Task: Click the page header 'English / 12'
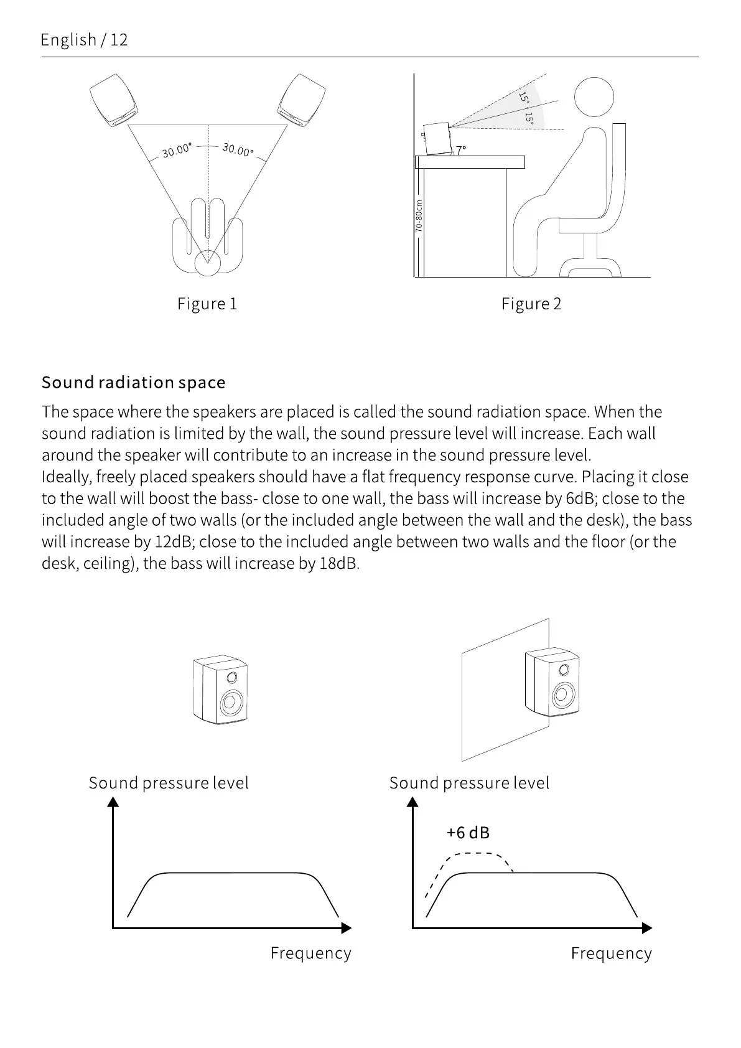coord(84,40)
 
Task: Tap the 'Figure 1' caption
coord(207,304)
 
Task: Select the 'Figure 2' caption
coord(531,304)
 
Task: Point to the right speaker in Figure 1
coord(302,101)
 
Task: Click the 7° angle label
coord(460,151)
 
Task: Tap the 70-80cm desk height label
coord(419,216)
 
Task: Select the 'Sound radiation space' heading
coord(133,382)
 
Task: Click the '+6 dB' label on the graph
coord(468,832)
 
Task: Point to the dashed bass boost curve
coord(476,854)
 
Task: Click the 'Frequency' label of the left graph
coord(310,953)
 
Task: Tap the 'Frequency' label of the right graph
coord(611,953)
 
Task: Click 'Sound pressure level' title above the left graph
coord(169,783)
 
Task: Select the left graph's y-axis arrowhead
coord(113,802)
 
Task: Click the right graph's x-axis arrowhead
coord(647,928)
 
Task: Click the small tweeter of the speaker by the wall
coord(564,670)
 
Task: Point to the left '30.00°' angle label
coord(177,150)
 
